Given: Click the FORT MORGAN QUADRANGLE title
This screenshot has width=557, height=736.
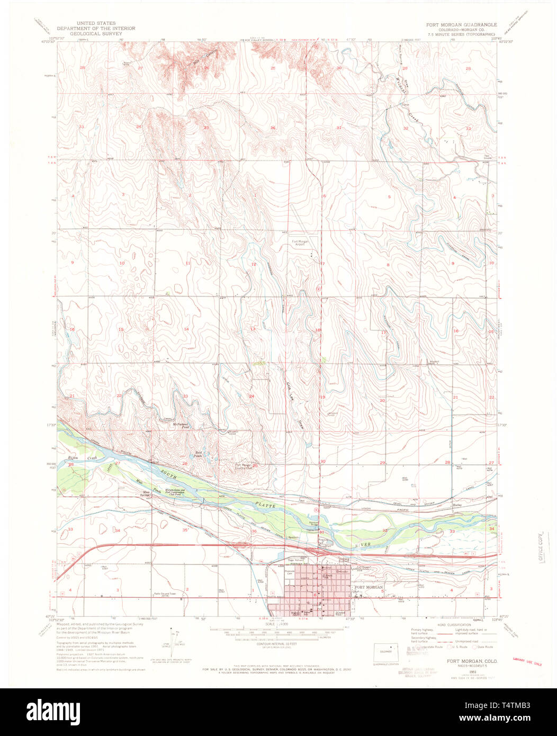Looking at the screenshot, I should point(462,24).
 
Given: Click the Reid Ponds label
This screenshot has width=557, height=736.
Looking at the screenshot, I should point(199,454).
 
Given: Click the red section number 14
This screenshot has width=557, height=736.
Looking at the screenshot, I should point(186,329).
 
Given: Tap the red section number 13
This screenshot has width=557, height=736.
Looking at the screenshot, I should point(253,329).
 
